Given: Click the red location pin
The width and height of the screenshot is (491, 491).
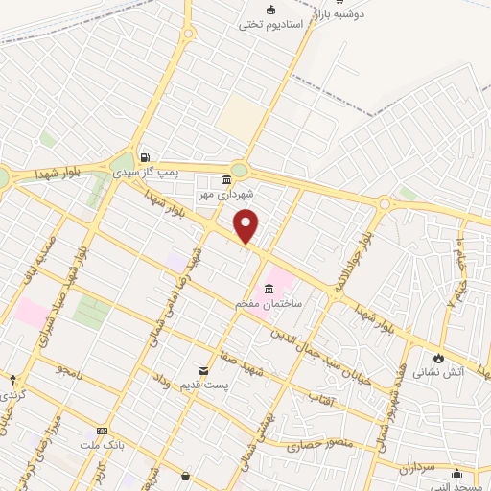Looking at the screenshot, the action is pos(246,226).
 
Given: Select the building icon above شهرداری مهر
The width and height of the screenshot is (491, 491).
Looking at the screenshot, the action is pos(226,180).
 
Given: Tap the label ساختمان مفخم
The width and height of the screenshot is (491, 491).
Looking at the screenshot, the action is pos(270,303).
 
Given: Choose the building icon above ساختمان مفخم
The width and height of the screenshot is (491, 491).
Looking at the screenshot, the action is pos(269,290).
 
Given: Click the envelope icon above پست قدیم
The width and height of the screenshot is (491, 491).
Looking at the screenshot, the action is pos(203,370).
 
